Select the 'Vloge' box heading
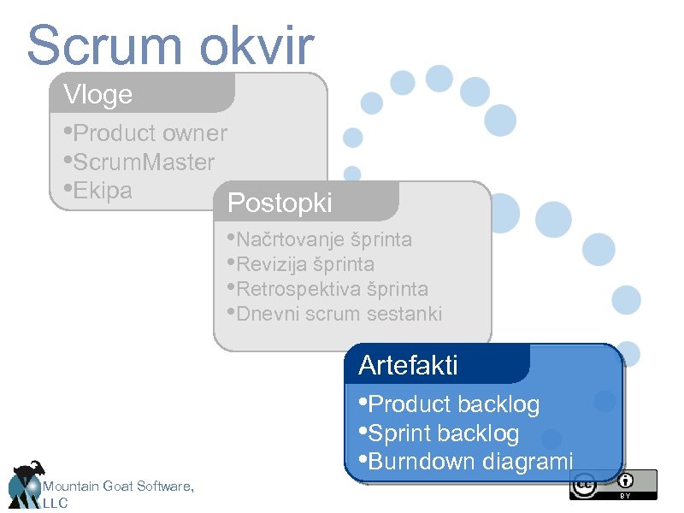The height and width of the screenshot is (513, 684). click(x=98, y=94)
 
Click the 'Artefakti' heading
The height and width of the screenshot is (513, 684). click(x=409, y=365)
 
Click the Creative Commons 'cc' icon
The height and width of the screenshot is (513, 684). click(x=585, y=485)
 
